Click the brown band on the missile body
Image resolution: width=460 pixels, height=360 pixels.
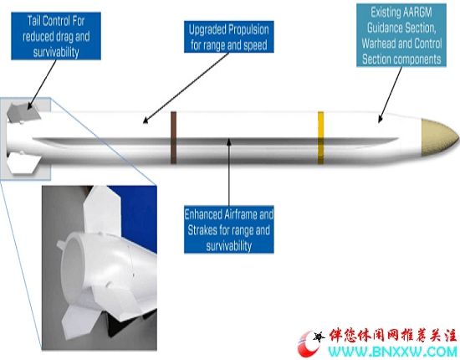click(x=173, y=137)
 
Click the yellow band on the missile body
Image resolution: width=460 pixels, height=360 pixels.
click(x=320, y=137)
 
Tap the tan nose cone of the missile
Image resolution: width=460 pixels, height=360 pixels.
click(x=439, y=137)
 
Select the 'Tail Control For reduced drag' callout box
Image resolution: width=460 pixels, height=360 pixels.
click(x=56, y=36)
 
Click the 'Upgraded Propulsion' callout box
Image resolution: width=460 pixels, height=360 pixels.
click(x=229, y=37)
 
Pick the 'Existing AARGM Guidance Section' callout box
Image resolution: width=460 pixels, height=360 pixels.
click(x=401, y=35)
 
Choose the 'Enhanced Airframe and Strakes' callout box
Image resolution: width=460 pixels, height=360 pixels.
click(x=229, y=229)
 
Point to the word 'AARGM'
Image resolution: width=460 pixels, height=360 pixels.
click(x=417, y=13)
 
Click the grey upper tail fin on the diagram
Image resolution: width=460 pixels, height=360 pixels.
click(x=23, y=111)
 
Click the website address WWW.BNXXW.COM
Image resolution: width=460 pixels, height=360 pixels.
click(x=392, y=351)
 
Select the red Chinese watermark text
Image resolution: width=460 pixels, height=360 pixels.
click(x=393, y=336)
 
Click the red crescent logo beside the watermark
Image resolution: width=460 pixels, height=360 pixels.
click(x=308, y=343)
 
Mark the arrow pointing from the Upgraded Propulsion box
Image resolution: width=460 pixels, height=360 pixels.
click(x=186, y=88)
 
